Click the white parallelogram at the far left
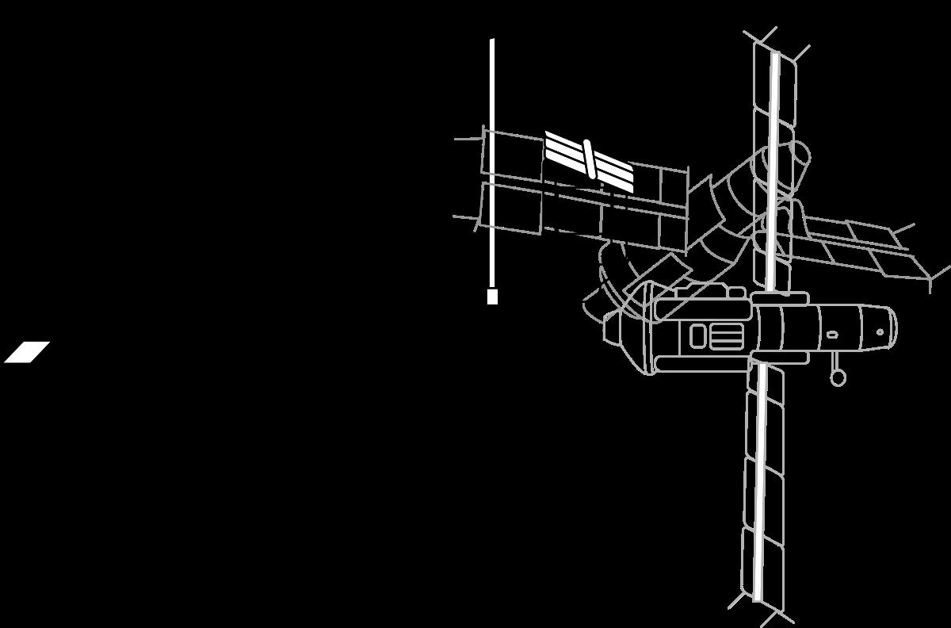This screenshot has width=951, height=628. (x=27, y=352)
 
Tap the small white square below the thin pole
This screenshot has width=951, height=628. (x=492, y=297)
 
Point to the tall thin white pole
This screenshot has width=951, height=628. (x=492, y=159)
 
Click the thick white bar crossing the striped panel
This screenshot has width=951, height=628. (x=589, y=159)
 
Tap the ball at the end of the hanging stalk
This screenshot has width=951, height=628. (x=838, y=378)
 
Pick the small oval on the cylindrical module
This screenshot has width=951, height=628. (x=832, y=335)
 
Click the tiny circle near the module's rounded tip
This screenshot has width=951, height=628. (x=880, y=332)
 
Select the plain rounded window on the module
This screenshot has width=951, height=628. (x=697, y=336)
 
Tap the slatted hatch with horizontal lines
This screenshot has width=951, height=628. (x=726, y=336)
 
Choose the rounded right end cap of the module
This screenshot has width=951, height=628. (x=889, y=327)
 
